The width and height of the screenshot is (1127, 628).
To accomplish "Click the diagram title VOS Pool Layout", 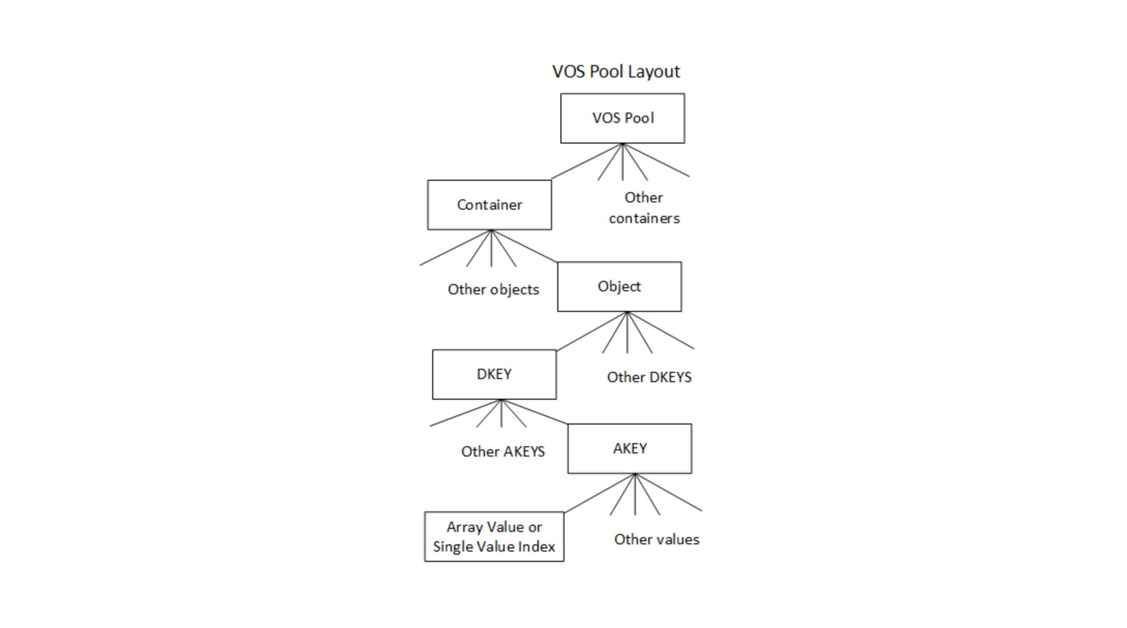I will pyautogui.click(x=616, y=71).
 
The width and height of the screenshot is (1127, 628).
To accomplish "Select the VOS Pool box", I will pyautogui.click(x=622, y=118).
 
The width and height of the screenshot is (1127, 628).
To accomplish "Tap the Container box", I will pyautogui.click(x=489, y=205).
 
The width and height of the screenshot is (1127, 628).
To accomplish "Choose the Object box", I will pyautogui.click(x=619, y=287).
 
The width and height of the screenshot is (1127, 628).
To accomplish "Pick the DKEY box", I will pyautogui.click(x=494, y=374).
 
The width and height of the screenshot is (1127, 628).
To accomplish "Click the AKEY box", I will pyautogui.click(x=629, y=449).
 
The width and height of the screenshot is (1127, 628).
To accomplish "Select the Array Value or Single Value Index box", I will pyautogui.click(x=494, y=537).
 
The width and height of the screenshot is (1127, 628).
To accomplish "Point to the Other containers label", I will pyautogui.click(x=644, y=208).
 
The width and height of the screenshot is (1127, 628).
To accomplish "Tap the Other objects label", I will pyautogui.click(x=493, y=290).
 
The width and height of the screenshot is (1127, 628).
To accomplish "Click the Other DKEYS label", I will pyautogui.click(x=649, y=378).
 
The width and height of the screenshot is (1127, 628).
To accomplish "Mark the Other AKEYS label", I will pyautogui.click(x=502, y=452).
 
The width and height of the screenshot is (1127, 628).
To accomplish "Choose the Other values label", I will pyautogui.click(x=657, y=540).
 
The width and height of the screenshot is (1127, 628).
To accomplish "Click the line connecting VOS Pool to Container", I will pyautogui.click(x=587, y=162).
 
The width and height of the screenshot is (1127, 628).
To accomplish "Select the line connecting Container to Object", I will pyautogui.click(x=524, y=246).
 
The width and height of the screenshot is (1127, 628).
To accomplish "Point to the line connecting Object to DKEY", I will pyautogui.click(x=591, y=331).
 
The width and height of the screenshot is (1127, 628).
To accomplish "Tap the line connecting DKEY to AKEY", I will pyautogui.click(x=535, y=412).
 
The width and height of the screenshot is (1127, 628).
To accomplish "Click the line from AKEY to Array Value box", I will pyautogui.click(x=600, y=493).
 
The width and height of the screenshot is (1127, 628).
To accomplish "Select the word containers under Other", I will pyautogui.click(x=644, y=218).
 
